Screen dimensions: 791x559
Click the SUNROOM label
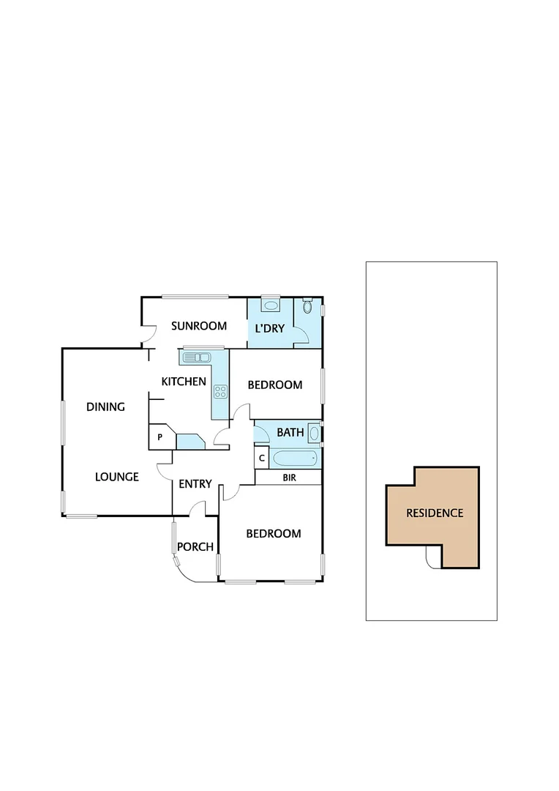[199, 326]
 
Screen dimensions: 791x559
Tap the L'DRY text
[269, 328]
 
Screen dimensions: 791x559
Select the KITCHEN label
[184, 381]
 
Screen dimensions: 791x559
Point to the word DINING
[105, 406]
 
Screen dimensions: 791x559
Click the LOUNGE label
[117, 477]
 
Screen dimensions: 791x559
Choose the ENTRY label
[195, 483]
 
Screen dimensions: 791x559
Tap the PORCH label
[195, 546]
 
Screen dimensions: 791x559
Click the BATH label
[290, 432]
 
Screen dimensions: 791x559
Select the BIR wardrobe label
[289, 478]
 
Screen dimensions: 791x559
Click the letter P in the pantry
[160, 438]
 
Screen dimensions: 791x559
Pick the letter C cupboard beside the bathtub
[262, 458]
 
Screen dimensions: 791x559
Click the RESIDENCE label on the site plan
[435, 513]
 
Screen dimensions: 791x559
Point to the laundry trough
[271, 305]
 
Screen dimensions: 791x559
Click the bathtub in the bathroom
[295, 459]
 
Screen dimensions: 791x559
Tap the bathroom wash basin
[314, 434]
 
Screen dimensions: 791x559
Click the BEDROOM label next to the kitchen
[274, 385]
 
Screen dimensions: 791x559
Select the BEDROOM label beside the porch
[273, 533]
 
